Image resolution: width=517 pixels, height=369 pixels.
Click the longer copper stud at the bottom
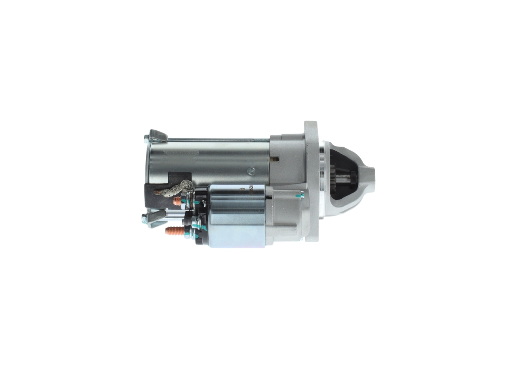[x=174, y=231]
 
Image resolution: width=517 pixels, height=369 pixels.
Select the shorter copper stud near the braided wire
[x=177, y=201]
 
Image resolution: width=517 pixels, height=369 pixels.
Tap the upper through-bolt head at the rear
[x=146, y=140]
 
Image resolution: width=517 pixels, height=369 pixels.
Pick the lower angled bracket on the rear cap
[x=156, y=218]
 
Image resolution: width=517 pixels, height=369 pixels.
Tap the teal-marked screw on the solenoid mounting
[x=300, y=195]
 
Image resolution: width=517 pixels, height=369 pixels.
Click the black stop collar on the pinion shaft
[x=353, y=176]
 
